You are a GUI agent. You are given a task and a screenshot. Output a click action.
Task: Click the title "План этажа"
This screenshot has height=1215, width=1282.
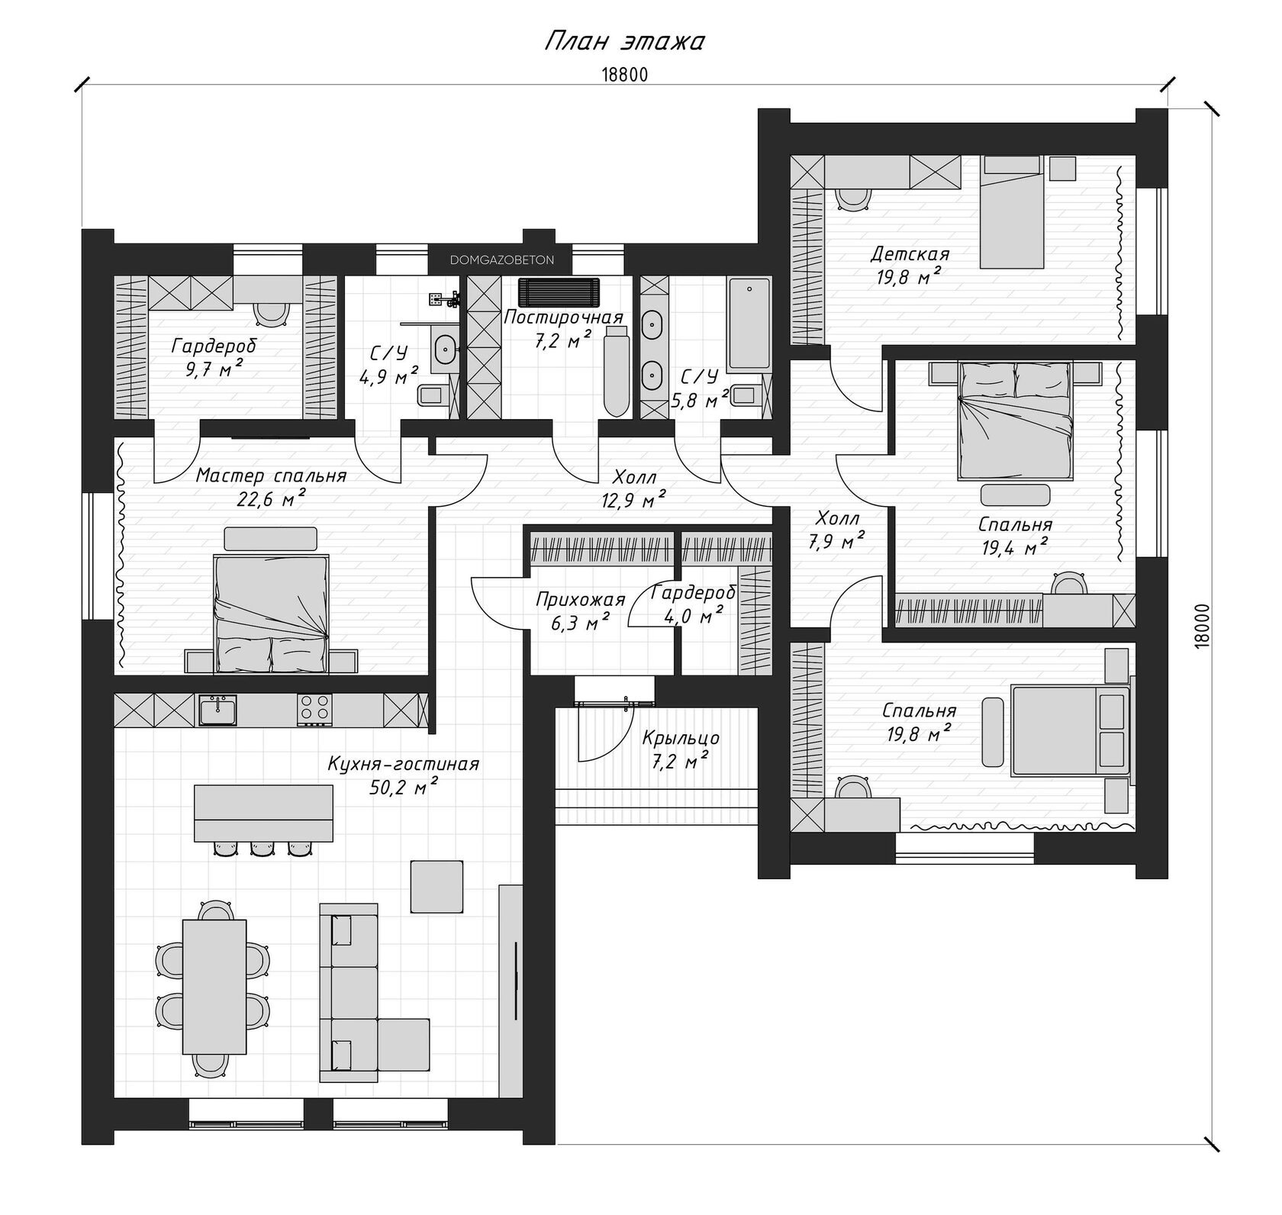pos(623,41)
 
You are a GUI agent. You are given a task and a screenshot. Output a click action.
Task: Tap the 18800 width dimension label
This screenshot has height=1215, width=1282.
pos(624,74)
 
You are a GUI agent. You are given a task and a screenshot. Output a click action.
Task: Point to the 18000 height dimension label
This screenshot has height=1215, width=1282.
pos(1203,627)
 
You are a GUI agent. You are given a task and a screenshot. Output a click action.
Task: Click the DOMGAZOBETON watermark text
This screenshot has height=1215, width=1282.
pos(502,260)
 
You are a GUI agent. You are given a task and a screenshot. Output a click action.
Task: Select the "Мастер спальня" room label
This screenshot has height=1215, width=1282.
pos(271,476)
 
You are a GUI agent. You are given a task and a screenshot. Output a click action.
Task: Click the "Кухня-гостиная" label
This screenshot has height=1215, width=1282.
pos(404,764)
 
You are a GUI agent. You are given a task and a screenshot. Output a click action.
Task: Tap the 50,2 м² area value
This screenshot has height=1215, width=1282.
pos(398,788)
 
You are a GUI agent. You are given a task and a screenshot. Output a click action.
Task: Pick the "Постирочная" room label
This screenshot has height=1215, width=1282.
pos(564,317)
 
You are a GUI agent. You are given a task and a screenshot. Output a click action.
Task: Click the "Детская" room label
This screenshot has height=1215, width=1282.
pos(910,253)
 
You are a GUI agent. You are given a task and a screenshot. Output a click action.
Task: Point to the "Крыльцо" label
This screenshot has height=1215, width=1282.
pos(681,738)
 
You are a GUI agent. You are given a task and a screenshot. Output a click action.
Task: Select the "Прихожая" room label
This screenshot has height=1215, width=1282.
pos(580,601)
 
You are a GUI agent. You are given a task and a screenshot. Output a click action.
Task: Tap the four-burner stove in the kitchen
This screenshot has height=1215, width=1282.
pos(314,709)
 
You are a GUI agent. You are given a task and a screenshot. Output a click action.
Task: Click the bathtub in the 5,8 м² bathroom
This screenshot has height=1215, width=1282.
pos(749,326)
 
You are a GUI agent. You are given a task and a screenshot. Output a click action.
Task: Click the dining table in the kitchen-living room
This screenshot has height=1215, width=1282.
pos(214,987)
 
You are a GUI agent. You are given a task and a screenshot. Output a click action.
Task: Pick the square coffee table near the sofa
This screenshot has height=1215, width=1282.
pos(437,886)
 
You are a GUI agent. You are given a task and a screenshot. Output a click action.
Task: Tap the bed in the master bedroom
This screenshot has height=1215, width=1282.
pos(272,603)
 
